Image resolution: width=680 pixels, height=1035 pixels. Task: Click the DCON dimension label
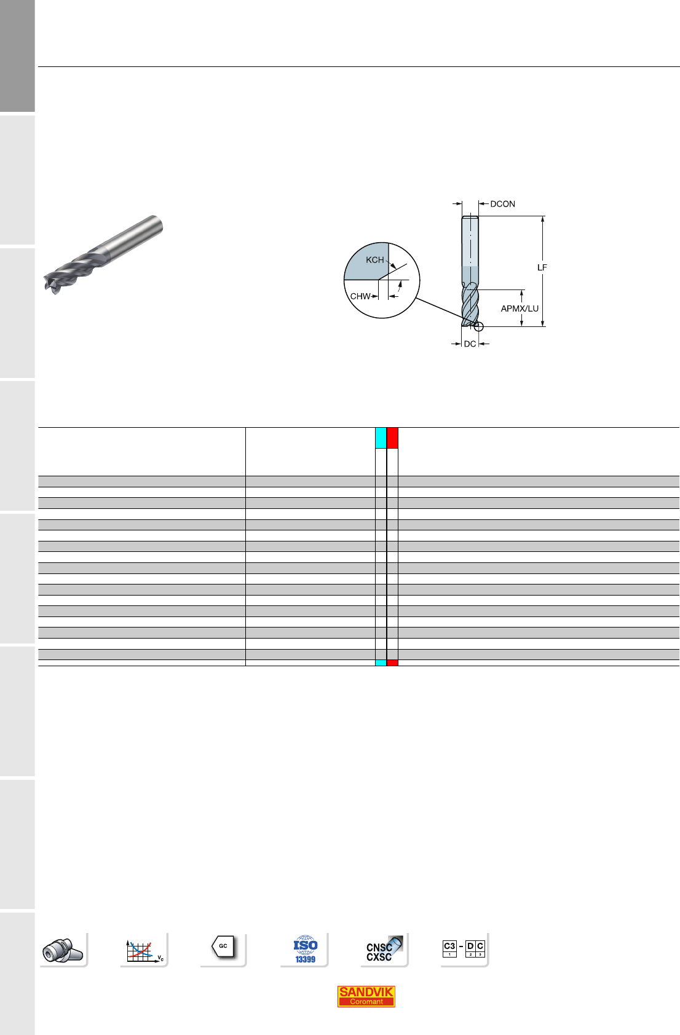click(502, 204)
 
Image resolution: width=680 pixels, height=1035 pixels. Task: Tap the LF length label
click(542, 267)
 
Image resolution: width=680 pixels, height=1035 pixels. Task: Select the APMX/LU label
click(520, 309)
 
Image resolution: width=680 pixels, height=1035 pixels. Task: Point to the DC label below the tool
click(470, 344)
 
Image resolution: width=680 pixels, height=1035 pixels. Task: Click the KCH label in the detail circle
click(375, 260)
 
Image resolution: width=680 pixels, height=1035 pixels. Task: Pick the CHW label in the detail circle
click(360, 297)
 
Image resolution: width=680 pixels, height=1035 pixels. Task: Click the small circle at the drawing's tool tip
click(479, 327)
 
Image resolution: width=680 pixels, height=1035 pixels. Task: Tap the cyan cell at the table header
click(381, 438)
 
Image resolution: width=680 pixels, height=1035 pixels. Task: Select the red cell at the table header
click(392, 438)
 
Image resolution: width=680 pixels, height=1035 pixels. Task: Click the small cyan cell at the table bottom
click(381, 663)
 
